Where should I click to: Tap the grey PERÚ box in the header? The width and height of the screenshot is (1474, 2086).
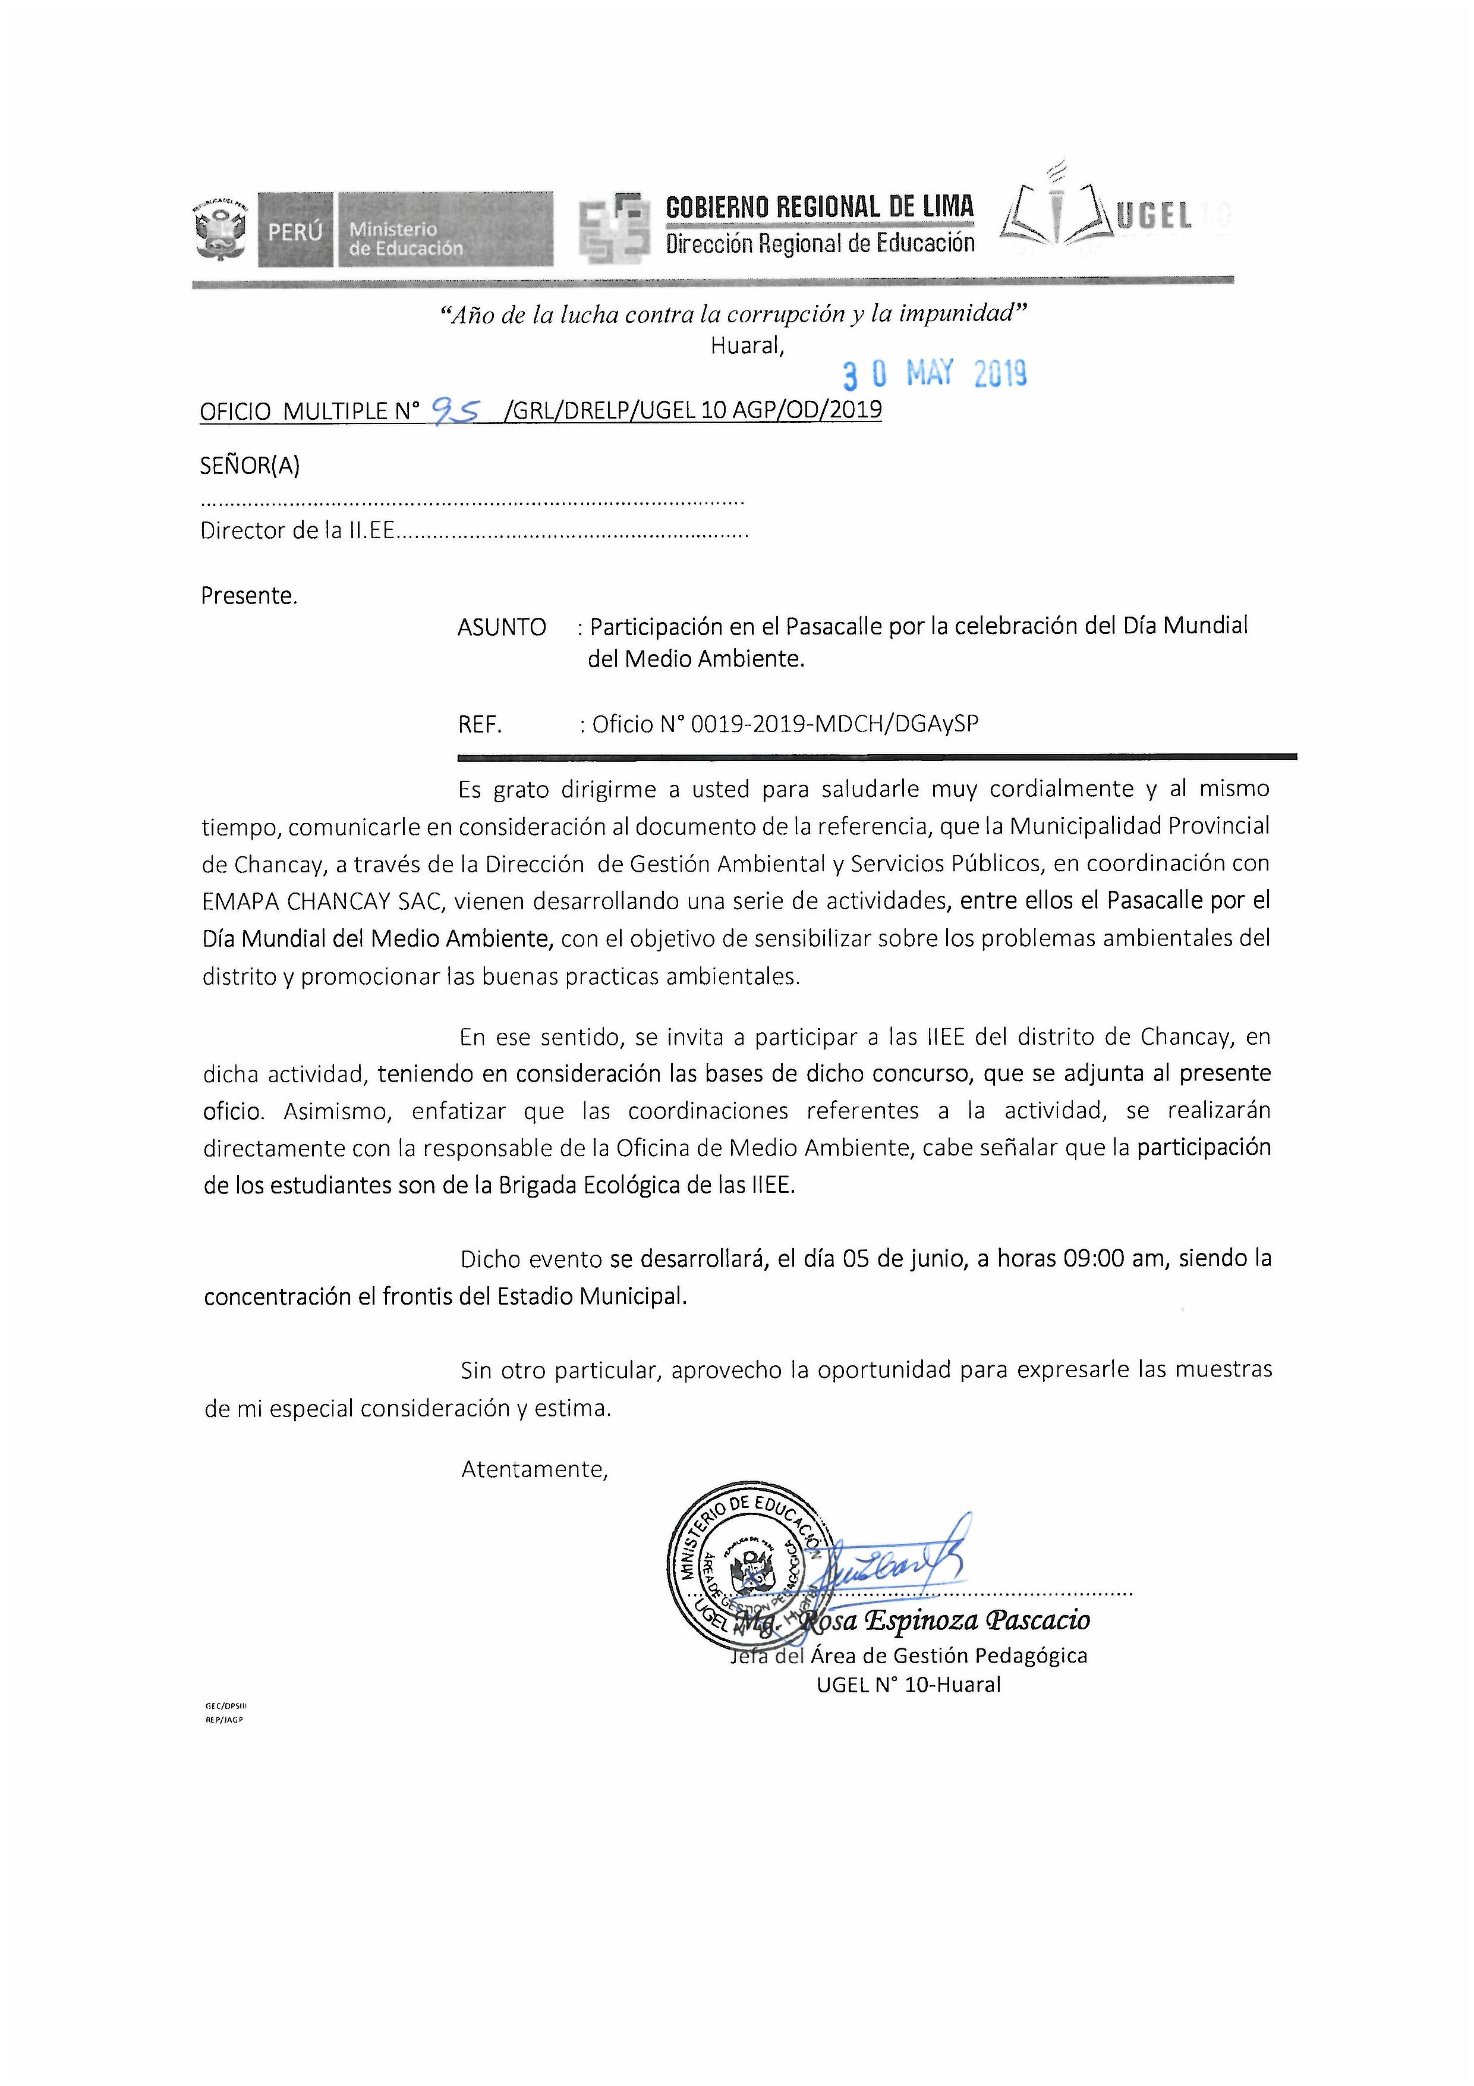pos(295,230)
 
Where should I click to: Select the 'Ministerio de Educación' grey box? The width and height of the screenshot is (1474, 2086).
pos(444,230)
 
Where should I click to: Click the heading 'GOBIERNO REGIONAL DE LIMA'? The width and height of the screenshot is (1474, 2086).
pos(819,207)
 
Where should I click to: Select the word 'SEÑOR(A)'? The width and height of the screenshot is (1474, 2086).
pos(250,466)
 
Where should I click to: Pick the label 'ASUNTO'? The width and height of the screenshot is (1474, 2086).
pos(501,627)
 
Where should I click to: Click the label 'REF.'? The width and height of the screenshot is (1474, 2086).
pos(480,724)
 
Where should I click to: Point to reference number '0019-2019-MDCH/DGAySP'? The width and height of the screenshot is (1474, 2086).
pos(834,724)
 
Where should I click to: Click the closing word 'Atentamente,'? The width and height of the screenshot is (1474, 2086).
pos(534,1469)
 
